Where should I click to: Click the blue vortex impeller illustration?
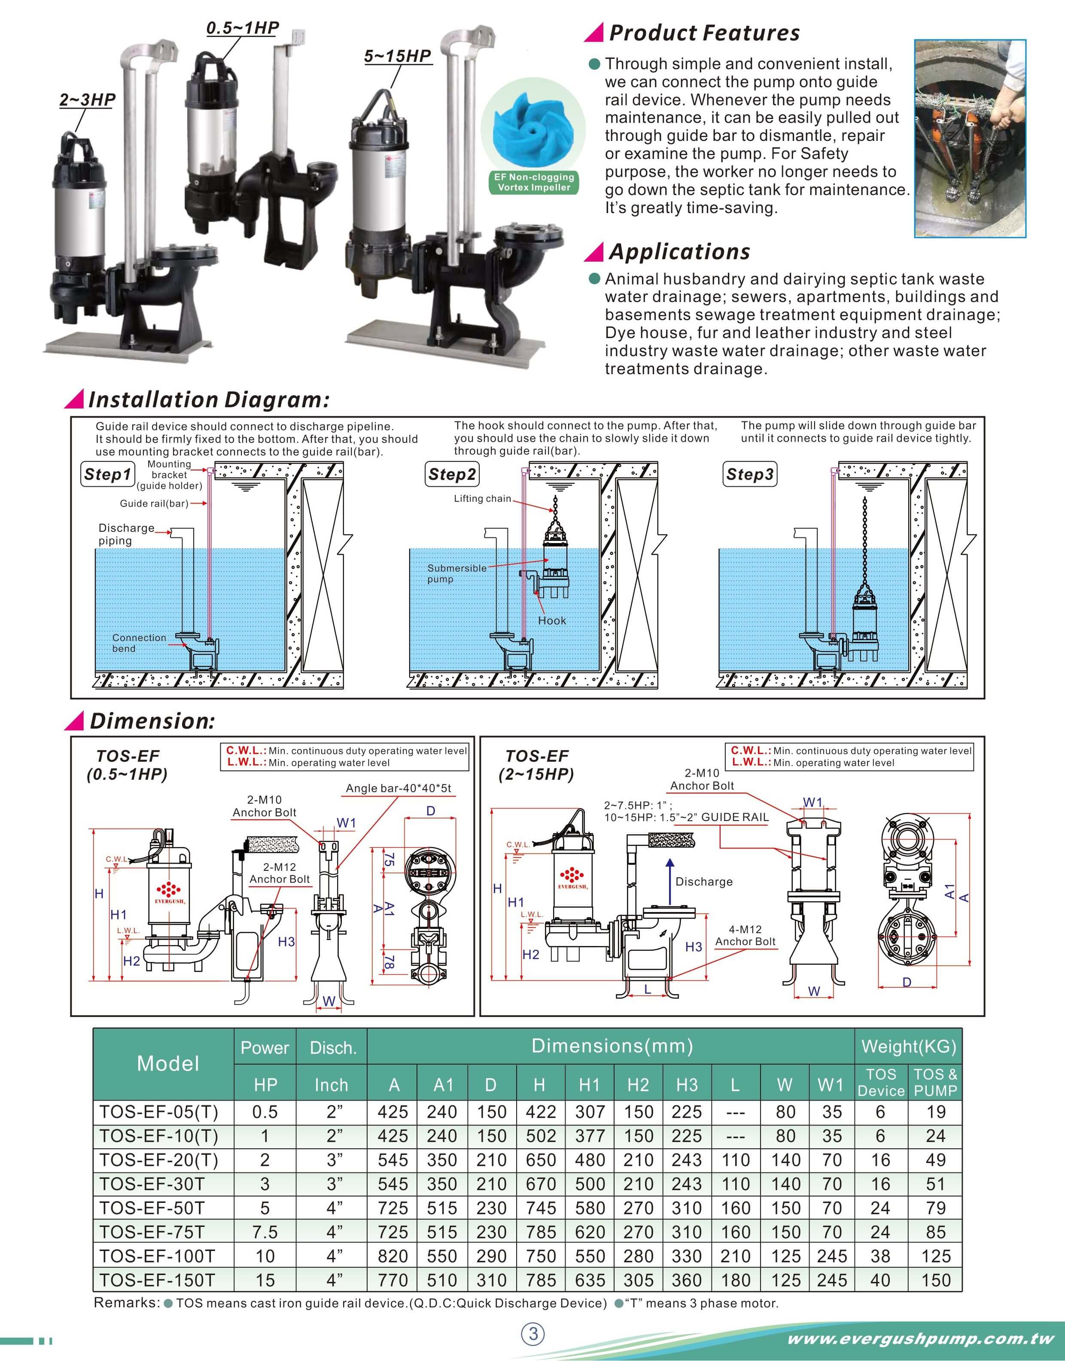pos(532,128)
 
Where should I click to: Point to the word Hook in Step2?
pos(552,621)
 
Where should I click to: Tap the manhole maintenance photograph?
pos(970,138)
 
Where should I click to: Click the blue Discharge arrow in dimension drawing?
pos(669,882)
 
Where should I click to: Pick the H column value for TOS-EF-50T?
pos(540,1208)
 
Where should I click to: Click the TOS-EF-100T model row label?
pos(157,1256)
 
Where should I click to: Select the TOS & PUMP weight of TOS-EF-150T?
pos(935,1281)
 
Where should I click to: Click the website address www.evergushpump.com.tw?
pos(920,1339)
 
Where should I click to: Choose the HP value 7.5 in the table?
pos(265,1232)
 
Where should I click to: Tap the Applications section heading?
pos(679,252)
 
